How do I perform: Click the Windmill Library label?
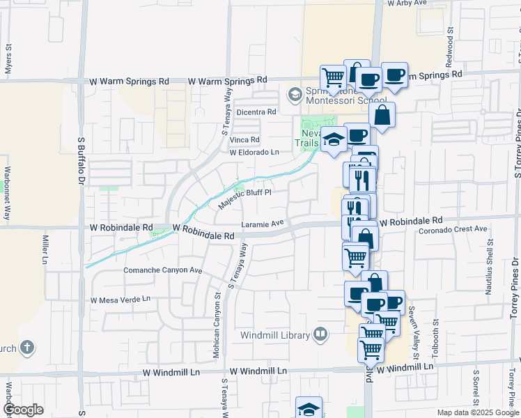coord(275,335)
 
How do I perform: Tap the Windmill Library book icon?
coord(320,334)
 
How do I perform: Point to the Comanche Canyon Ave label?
coord(162,270)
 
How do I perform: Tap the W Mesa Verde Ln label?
coord(120,300)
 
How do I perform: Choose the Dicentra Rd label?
coord(256,111)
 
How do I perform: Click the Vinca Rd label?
coord(244,140)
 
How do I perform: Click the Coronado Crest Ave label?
coord(454,229)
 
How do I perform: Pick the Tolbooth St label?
coord(436,339)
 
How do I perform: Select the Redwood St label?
coord(450,42)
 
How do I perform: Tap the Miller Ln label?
coord(45,249)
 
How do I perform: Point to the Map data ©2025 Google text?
coord(477,412)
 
